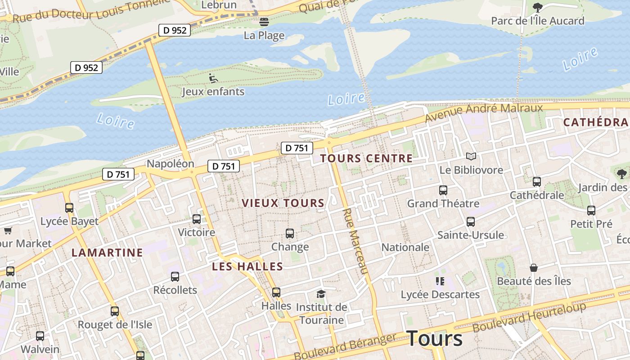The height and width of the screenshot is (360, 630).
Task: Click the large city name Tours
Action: click(x=434, y=338)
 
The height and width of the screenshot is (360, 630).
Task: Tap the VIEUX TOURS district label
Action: click(x=283, y=203)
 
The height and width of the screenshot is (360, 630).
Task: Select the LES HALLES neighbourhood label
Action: click(x=247, y=266)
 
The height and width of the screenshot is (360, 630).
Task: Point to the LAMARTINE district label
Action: click(x=107, y=252)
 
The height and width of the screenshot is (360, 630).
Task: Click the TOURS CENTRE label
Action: click(x=366, y=158)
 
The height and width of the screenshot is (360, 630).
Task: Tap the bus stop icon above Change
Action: click(x=290, y=234)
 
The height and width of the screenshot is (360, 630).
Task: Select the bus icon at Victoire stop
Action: click(x=197, y=219)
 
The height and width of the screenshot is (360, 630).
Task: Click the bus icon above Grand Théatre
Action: click(x=443, y=190)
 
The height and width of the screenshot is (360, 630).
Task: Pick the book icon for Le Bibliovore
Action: click(x=471, y=157)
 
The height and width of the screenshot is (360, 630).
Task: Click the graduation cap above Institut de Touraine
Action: click(x=321, y=294)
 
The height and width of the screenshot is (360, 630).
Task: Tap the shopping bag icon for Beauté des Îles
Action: click(x=534, y=268)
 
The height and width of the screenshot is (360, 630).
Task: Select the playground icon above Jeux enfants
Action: click(x=213, y=78)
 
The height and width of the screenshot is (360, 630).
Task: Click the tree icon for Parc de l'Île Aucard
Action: click(x=537, y=7)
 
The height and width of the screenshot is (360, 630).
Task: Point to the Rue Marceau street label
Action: click(x=355, y=241)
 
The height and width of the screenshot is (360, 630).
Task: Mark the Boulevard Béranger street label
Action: click(x=345, y=346)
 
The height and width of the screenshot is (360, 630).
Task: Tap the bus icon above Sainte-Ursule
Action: click(x=471, y=222)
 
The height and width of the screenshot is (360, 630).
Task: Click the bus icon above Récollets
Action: click(x=175, y=277)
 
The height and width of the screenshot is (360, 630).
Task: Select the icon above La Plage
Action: click(x=264, y=22)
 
